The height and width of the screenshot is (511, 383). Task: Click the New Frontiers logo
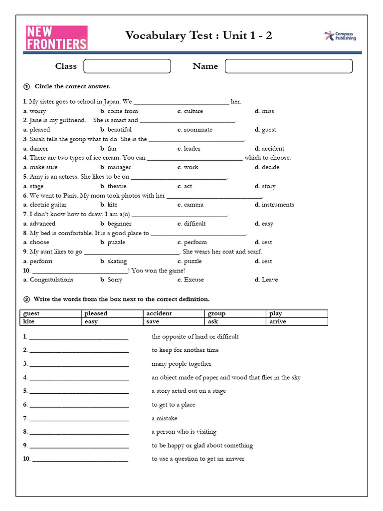(x=56, y=38)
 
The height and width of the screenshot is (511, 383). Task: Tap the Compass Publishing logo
(x=340, y=36)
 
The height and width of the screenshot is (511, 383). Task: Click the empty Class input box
(x=127, y=66)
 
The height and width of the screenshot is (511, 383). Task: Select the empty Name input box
(x=288, y=66)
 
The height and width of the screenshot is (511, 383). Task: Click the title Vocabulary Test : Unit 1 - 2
(x=198, y=35)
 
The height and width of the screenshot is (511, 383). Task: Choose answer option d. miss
(x=264, y=111)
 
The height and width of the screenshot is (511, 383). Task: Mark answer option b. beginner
(x=116, y=224)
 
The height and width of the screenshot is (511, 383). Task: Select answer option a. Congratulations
(x=48, y=280)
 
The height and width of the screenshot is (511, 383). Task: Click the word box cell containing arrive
(x=297, y=322)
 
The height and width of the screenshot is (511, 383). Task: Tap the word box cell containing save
(x=174, y=322)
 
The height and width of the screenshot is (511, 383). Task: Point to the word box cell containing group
(x=235, y=313)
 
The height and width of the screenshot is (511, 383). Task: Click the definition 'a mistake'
(x=165, y=418)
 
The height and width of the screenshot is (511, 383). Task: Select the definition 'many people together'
(x=182, y=364)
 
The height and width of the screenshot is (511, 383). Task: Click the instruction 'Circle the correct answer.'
(x=79, y=86)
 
